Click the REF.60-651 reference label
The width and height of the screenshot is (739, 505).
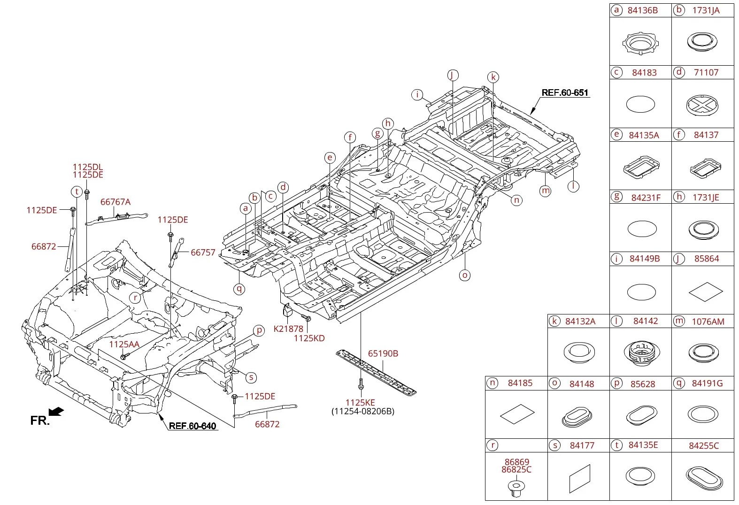(x=565, y=92)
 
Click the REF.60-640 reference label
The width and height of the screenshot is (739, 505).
(x=192, y=426)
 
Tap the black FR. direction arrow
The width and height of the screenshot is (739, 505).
(x=56, y=411)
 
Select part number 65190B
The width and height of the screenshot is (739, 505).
(x=383, y=353)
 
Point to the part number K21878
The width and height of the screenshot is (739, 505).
(x=288, y=329)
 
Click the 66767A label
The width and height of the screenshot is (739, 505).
(x=115, y=202)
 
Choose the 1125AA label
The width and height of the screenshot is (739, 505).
(x=124, y=344)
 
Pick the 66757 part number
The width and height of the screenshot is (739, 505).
(x=203, y=252)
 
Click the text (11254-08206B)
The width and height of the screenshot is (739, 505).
(x=363, y=411)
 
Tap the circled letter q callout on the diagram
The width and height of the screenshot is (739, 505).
(x=239, y=289)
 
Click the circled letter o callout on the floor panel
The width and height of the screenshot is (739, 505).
(x=465, y=275)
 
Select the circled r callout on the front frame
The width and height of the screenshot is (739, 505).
(x=135, y=298)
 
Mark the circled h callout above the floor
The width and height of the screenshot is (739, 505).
(x=388, y=123)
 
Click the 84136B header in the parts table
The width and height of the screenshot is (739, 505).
(x=643, y=10)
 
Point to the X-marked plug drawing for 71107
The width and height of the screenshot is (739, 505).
(x=702, y=105)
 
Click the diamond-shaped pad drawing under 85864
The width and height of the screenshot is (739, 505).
(x=706, y=291)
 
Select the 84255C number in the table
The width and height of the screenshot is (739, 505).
(x=704, y=445)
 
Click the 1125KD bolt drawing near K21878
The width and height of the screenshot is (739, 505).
(x=306, y=318)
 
